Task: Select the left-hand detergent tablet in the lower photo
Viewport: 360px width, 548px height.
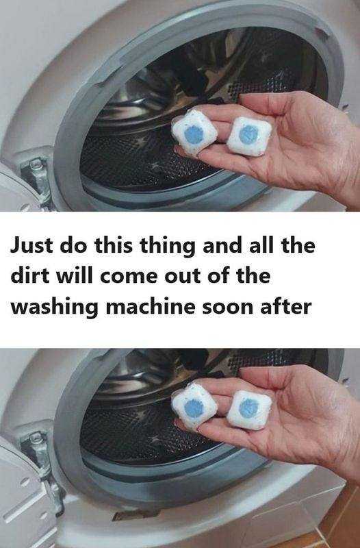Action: (194, 410)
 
